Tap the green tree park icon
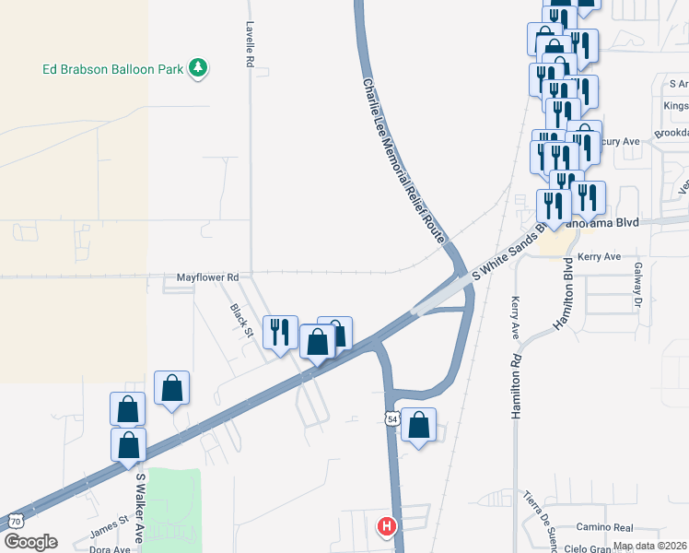tap(197, 67)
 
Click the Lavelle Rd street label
tap(249, 45)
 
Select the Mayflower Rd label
tap(208, 277)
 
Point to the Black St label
tap(240, 318)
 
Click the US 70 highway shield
tap(15, 520)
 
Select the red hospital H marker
tap(387, 526)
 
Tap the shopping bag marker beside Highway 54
tap(419, 425)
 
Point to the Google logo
tap(30, 542)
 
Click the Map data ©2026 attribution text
tap(650, 546)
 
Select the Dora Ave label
tap(110, 548)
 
